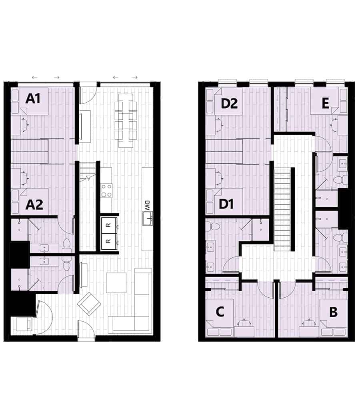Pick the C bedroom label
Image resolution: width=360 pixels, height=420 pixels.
(220, 312)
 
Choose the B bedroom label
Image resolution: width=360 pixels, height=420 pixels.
(333, 312)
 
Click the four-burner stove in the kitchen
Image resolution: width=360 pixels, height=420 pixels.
(106, 191)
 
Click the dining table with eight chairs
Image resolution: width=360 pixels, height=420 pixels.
(126, 119)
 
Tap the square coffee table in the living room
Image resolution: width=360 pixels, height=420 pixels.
(116, 283)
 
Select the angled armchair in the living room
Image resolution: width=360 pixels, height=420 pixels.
(89, 304)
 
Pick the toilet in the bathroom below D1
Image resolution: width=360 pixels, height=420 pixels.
(214, 227)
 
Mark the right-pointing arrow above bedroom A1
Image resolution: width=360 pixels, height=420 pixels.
(56, 77)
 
